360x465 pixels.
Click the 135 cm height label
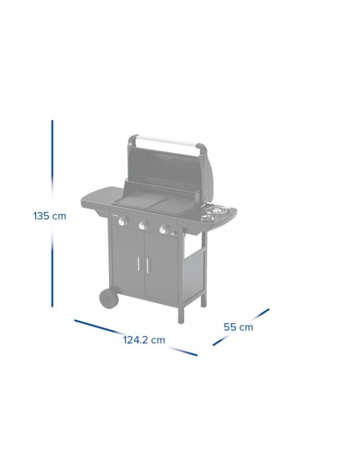click(x=49, y=215)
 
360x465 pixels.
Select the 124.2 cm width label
click(x=143, y=339)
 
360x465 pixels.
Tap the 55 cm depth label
click(x=238, y=326)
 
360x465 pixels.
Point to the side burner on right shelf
click(x=214, y=212)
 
